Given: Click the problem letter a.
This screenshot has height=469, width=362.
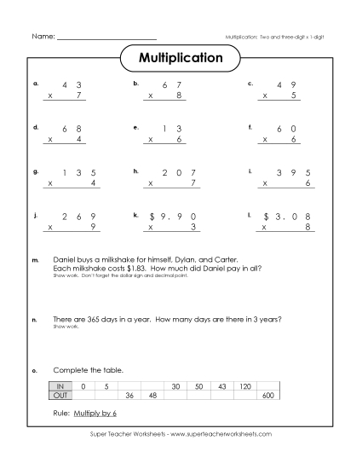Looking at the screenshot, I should pos(35,84).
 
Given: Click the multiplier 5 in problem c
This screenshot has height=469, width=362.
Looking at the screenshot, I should pos(294,96).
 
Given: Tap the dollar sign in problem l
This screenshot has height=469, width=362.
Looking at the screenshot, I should pos(267,216).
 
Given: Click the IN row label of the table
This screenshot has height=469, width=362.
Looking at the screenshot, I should pos(61,387).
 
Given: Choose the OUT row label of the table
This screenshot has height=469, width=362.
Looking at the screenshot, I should pos(61,396).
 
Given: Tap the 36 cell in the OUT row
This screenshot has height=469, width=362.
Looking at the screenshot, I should pos(130,396).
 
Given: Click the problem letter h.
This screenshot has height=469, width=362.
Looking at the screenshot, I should pos(135,171).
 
